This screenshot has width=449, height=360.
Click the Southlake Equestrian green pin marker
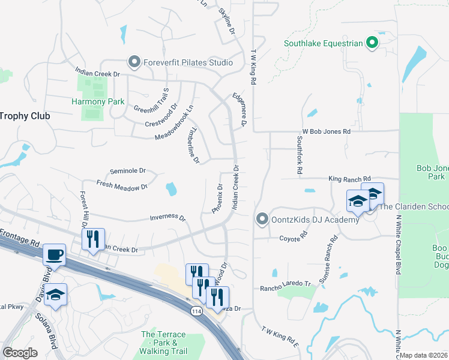tap(372, 43)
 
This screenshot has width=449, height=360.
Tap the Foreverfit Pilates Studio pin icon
tap(133, 62)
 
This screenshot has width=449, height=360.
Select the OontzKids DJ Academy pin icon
tap(261, 220)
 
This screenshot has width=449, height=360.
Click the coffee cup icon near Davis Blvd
tap(55, 254)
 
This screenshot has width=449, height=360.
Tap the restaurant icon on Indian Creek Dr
tap(93, 239)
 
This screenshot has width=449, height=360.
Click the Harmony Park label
tap(98, 102)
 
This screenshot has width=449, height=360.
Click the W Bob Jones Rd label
tap(325, 131)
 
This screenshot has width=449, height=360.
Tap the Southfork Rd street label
tap(299, 155)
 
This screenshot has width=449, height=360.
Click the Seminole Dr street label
tap(127, 171)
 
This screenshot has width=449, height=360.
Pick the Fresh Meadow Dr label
tap(122, 187)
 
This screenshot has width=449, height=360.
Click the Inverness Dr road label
tap(167, 217)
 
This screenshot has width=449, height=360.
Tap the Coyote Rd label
tap(293, 238)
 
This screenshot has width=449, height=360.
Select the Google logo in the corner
tap(20, 352)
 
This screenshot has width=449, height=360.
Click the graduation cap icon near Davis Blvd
tap(55, 295)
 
